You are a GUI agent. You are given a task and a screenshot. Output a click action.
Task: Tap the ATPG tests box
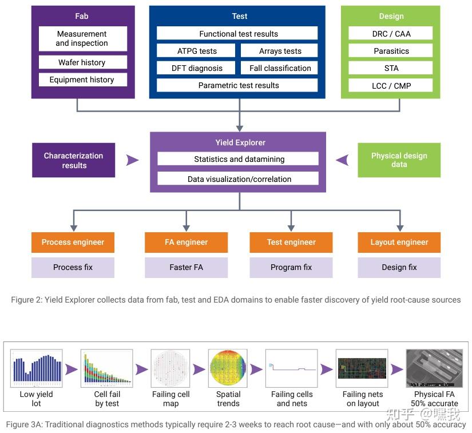click(x=196, y=51)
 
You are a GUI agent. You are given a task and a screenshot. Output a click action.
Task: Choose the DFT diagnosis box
click(x=196, y=68)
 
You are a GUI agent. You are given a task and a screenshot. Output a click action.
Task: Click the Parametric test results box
click(x=237, y=85)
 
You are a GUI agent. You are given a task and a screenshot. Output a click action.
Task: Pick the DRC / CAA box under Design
click(x=390, y=33)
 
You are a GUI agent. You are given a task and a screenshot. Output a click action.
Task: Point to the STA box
click(x=390, y=68)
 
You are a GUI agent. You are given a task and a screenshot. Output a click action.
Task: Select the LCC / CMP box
click(x=390, y=85)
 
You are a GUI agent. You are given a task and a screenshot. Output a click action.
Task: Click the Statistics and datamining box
click(x=238, y=158)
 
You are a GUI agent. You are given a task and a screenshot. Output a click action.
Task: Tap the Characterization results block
click(x=73, y=160)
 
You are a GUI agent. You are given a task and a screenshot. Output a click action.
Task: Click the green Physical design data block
click(x=399, y=160)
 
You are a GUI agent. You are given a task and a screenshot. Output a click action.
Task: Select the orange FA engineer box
click(x=186, y=242)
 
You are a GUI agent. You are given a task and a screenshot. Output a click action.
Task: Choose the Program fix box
click(x=291, y=267)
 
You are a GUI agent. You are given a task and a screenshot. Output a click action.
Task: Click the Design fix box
click(x=399, y=267)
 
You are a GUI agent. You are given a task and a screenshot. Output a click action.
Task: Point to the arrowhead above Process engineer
click(x=74, y=228)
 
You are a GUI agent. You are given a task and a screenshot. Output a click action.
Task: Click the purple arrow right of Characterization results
click(x=133, y=160)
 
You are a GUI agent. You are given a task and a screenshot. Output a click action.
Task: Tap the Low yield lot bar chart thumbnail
click(x=37, y=368)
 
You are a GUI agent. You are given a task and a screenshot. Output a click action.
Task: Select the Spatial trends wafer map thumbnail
click(x=228, y=368)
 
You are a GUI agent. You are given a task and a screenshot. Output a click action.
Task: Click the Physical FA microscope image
click(x=434, y=368)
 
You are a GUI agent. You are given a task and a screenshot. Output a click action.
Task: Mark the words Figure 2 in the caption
click(x=26, y=300)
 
